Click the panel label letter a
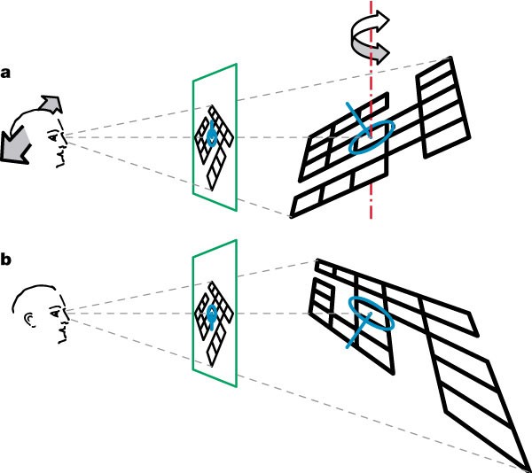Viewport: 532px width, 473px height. (6, 74)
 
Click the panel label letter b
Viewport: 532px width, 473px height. (6, 260)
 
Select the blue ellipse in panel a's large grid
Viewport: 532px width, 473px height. (372, 137)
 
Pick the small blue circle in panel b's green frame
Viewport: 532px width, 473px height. (211, 313)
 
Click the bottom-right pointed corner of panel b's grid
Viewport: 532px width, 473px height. (526, 467)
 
